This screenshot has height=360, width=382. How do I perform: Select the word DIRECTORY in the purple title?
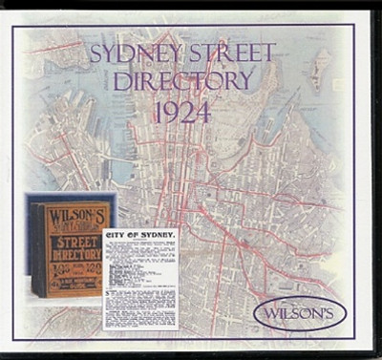click(182, 80)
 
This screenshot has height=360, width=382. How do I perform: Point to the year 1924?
click(182, 111)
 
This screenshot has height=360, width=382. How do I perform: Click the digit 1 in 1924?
click(158, 111)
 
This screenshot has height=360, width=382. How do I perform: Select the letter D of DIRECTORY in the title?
click(120, 80)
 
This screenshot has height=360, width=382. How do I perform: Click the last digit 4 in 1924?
click(206, 111)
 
